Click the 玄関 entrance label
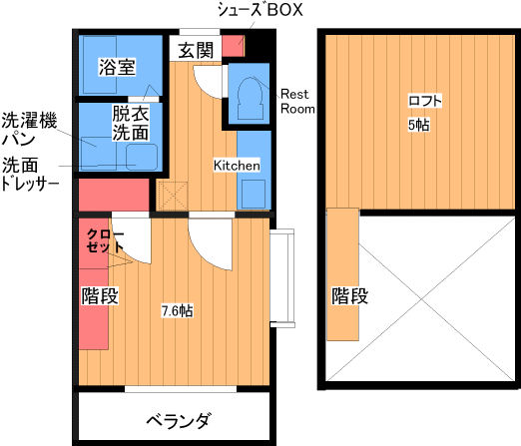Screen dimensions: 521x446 point(196,50)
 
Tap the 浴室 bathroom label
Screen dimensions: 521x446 point(117,67)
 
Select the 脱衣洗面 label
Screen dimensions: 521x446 point(130,123)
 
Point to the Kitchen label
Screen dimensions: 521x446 point(237,166)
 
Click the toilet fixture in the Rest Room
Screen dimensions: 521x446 point(251,98)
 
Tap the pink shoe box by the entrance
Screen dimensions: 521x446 point(234,46)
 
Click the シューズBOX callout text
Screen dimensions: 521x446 point(260,10)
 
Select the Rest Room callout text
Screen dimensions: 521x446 point(297,102)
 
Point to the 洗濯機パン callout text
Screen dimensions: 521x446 point(29,130)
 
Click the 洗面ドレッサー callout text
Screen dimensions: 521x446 point(30,174)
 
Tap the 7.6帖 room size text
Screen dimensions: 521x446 point(177,311)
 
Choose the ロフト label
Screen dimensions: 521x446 point(425,101)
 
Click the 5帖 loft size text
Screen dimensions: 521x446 point(419,125)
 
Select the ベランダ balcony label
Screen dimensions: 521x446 point(179,421)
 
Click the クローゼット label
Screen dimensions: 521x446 point(105,240)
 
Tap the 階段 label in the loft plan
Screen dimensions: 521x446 point(349,295)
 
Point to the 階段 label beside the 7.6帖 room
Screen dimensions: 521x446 point(100,295)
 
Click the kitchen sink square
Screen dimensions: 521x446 point(254,195)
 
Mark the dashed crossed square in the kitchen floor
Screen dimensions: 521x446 point(173,196)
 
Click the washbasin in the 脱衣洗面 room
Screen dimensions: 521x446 point(142,157)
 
